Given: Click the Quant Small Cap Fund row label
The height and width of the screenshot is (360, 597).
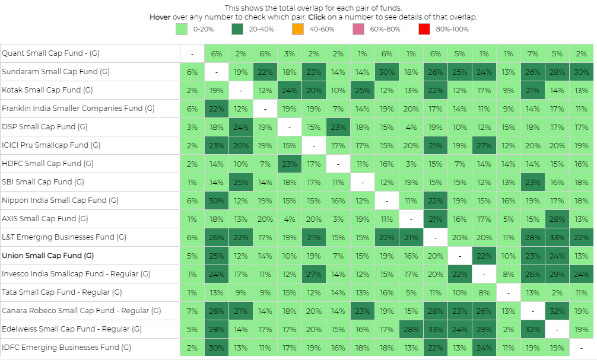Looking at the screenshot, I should tap(50, 53).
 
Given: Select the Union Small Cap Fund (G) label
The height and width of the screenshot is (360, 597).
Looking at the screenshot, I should tap(47, 256).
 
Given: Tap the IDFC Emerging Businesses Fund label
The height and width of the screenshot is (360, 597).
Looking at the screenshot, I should tap(66, 348).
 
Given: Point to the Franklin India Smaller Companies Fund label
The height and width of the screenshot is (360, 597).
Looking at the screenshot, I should tap(78, 109).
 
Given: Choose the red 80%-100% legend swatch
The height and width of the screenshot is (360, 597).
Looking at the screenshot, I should tap(423, 28).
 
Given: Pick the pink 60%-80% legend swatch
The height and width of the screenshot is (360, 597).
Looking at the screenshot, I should tap(358, 28).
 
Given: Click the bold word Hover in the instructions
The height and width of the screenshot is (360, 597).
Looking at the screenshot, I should tap(160, 17).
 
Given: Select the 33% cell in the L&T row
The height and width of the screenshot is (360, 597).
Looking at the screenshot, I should tap(557, 237).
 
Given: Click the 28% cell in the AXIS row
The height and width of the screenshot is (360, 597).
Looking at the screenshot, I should tap(557, 219).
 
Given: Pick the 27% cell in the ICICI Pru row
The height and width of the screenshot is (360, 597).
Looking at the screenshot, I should tap(484, 145).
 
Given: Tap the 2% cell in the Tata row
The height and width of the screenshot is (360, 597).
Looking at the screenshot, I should tap(557, 292).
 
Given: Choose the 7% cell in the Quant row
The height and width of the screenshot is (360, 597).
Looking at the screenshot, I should tap(532, 53).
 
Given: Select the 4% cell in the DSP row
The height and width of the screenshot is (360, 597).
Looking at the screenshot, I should tap(411, 127).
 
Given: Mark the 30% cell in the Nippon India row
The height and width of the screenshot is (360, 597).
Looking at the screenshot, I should tap(217, 200).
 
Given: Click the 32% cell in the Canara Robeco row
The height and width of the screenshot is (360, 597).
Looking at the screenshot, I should tap(557, 311).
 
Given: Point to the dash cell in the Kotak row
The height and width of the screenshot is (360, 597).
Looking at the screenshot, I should tap(241, 90).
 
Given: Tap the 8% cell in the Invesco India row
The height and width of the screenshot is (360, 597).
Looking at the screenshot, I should tap(508, 274).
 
